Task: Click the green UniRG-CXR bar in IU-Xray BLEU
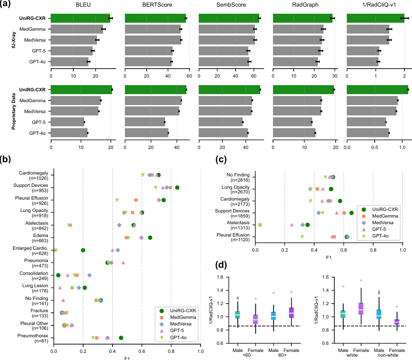point(80,18)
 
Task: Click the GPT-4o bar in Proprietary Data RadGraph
point(294,133)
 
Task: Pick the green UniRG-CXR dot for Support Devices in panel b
point(177,187)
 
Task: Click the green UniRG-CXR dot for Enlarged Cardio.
point(83,250)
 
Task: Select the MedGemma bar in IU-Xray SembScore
point(227,29)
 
